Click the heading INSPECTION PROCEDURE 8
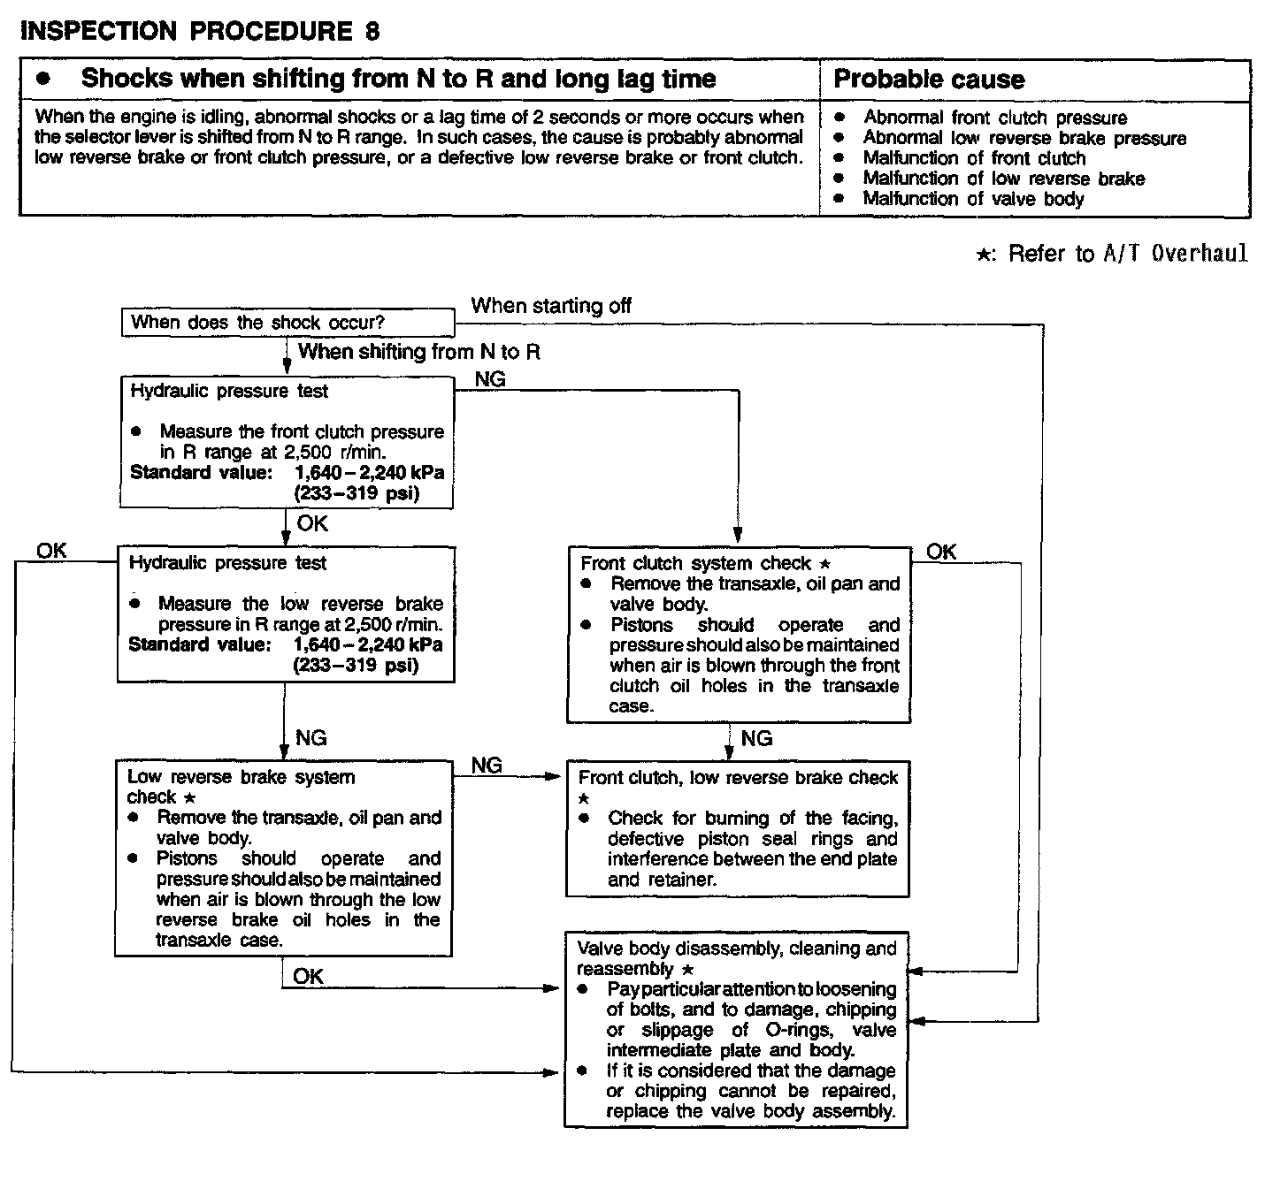pyautogui.click(x=200, y=32)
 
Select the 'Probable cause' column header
pyautogui.click(x=929, y=80)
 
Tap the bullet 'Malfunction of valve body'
pyautogui.click(x=973, y=199)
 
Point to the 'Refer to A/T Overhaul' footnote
pyautogui.click(x=1112, y=254)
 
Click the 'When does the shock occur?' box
pyautogui.click(x=257, y=323)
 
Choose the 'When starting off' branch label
pyautogui.click(x=551, y=306)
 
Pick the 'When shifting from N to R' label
pyautogui.click(x=418, y=352)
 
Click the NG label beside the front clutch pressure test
pyautogui.click(x=490, y=379)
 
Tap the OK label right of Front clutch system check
pyautogui.click(x=941, y=552)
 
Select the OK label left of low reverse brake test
pyautogui.click(x=51, y=551)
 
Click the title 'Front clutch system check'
pyautogui.click(x=695, y=563)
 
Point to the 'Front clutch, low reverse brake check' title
pyautogui.click(x=738, y=777)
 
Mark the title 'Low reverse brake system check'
pyautogui.click(x=241, y=786)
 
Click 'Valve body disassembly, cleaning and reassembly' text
pyautogui.click(x=736, y=958)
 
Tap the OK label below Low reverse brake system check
pyautogui.click(x=308, y=976)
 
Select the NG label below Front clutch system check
pyautogui.click(x=756, y=738)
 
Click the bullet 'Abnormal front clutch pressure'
pyautogui.click(x=994, y=118)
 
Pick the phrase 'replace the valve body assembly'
pyautogui.click(x=750, y=1111)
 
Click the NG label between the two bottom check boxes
pyautogui.click(x=487, y=765)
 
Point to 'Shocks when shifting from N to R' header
pyautogui.click(x=398, y=79)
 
